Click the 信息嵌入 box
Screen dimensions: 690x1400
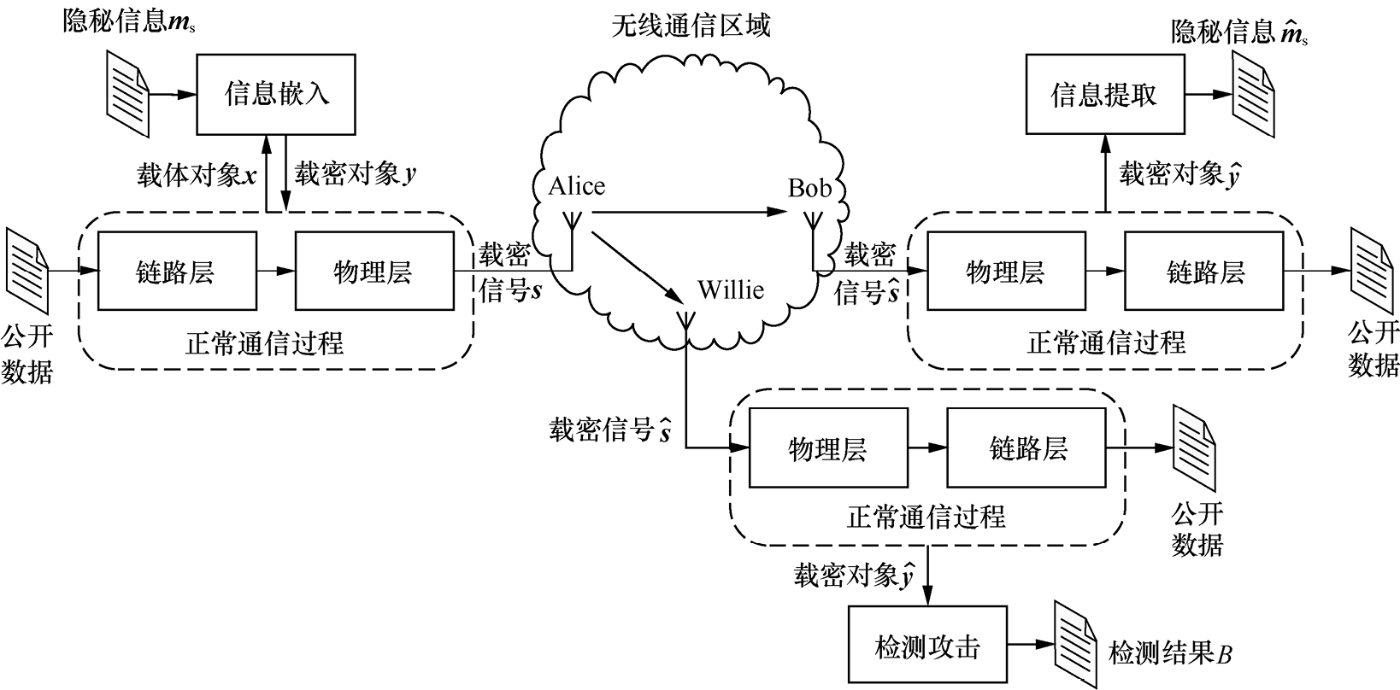(276, 94)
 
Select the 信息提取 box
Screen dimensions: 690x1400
(1103, 94)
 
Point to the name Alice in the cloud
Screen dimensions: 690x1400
(577, 186)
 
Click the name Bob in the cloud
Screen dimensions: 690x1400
(809, 188)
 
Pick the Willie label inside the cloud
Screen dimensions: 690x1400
(731, 289)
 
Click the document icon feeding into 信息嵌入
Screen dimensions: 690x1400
(126, 85)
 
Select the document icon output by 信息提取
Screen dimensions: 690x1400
(1250, 85)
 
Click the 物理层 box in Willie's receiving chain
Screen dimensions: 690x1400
(827, 447)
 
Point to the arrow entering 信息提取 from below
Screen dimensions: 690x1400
(1104, 172)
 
